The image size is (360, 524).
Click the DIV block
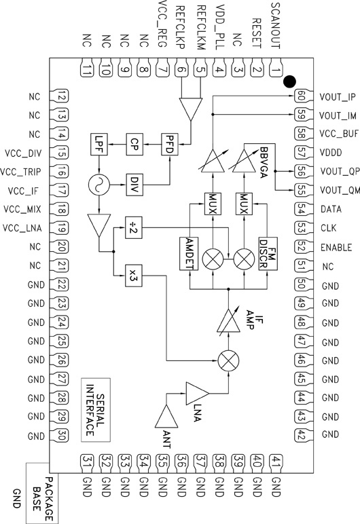pyautogui.click(x=134, y=183)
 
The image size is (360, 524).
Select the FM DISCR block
pyautogui.click(x=267, y=254)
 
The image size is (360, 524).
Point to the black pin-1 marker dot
pyautogui.click(x=289, y=82)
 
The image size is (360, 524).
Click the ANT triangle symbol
pyautogui.click(x=167, y=419)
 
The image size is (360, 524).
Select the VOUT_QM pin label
pyautogui.click(x=338, y=190)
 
